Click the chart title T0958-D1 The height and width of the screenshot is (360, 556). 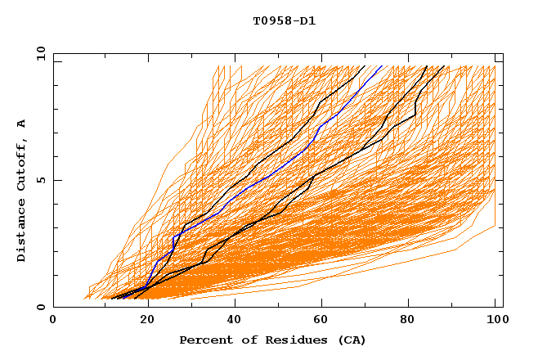[x=285, y=21]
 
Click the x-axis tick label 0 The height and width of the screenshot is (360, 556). [x=53, y=320]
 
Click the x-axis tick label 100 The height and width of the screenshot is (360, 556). [x=495, y=320]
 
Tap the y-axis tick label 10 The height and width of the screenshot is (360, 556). [x=40, y=53]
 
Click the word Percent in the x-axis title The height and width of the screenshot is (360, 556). [x=205, y=340]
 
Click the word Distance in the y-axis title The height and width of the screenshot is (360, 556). [x=22, y=232]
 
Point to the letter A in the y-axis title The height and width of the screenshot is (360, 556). [x=22, y=123]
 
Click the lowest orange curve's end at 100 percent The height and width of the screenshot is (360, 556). [x=495, y=226]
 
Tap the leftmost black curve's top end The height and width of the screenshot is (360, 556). [x=365, y=66]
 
